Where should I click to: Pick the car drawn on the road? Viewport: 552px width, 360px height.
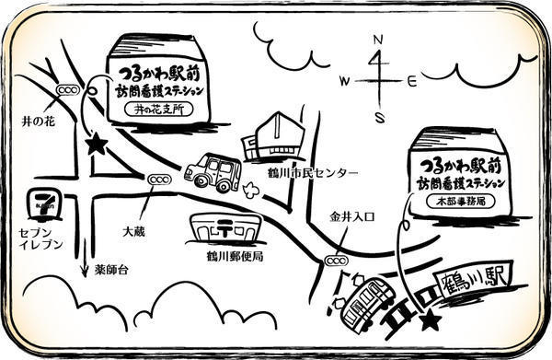pos(213,172)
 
